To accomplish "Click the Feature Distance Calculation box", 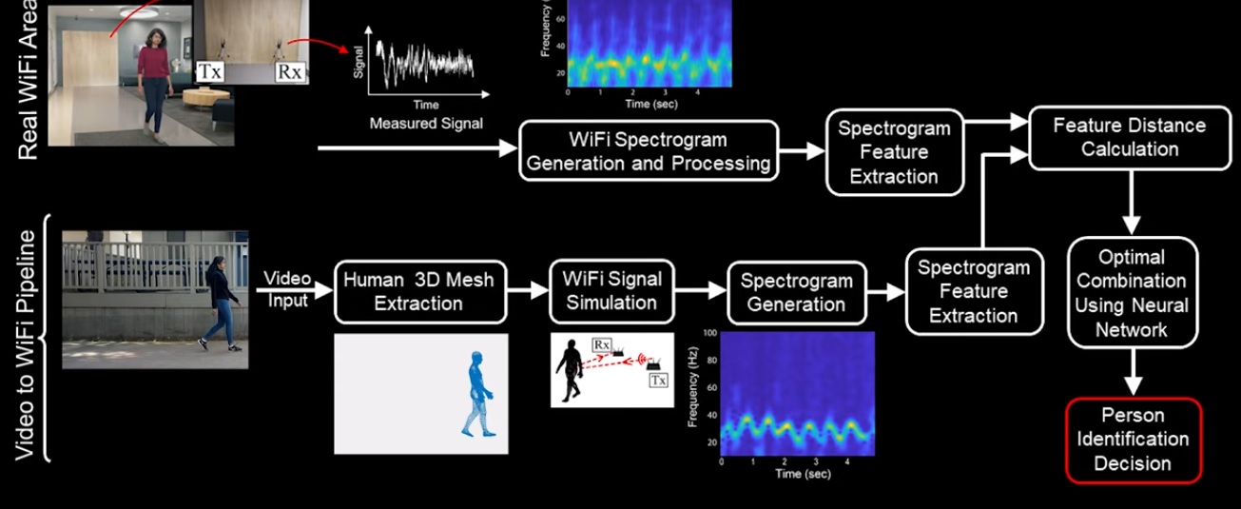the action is pos(1130,138).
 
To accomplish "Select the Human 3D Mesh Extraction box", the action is pos(420,292).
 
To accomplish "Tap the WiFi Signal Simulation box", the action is pos(611,291).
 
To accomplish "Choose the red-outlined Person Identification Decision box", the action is pos(1134,440).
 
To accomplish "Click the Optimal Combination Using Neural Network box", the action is pos(1133,293).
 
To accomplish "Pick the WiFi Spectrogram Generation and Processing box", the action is pos(649,151).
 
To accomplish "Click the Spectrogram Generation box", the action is pos(797,293).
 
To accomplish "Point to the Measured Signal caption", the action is pos(426,123).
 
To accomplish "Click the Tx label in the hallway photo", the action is pos(210,71).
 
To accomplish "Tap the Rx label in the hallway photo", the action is pos(290,72).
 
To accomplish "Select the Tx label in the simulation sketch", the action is pos(658,381).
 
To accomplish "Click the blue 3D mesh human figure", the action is pos(477,394).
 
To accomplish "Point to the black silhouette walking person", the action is pos(569,370).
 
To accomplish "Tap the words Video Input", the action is pos(287,289).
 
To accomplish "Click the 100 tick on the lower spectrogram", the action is pos(709,333).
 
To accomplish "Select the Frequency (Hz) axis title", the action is pos(692,387).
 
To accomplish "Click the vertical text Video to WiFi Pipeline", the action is pos(25,344).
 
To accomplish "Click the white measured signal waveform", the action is pos(425,63).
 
